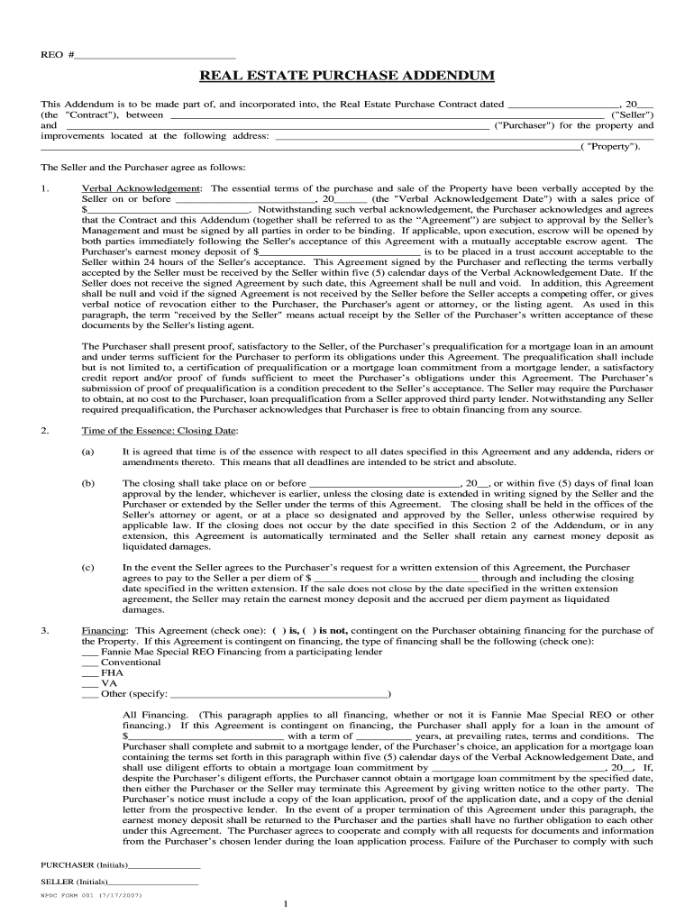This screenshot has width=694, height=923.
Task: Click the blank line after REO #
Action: [x=155, y=55]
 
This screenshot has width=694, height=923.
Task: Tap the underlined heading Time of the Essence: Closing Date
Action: [x=160, y=431]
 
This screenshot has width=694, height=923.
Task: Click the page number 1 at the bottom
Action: [x=285, y=904]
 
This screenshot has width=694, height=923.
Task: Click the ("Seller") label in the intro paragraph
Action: [x=632, y=115]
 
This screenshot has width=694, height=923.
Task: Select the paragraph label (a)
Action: [x=87, y=450]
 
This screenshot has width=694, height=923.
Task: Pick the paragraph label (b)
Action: [x=87, y=483]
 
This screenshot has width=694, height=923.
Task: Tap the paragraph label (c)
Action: [x=87, y=567]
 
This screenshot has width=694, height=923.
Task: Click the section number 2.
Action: [x=44, y=431]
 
